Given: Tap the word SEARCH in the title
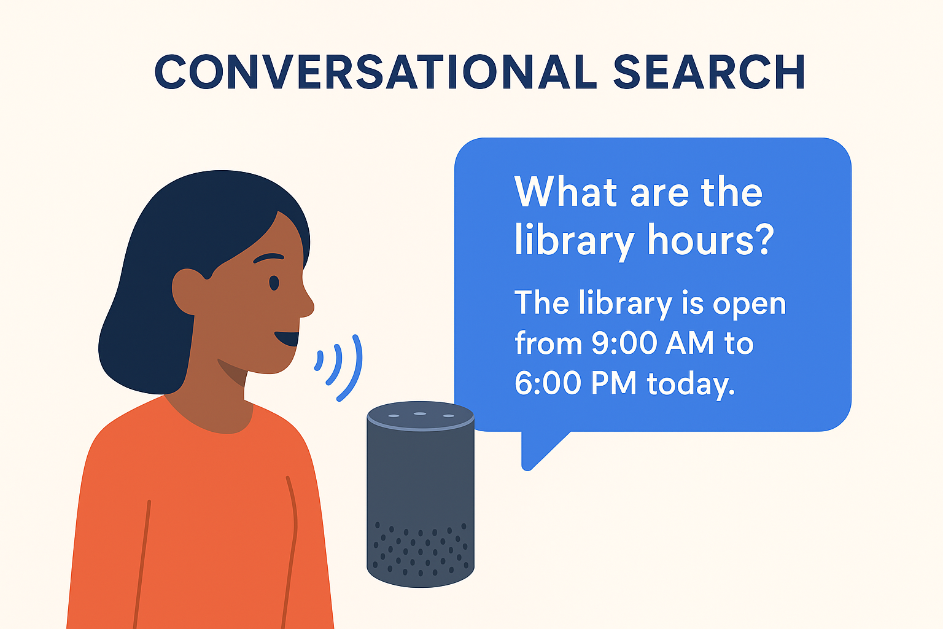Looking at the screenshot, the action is coord(709,72).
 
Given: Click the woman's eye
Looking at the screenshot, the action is coord(274,283).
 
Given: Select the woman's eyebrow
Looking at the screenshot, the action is coord(268,257).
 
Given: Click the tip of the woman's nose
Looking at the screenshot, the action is coord(313,306).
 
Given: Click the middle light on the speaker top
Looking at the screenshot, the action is coord(420,414).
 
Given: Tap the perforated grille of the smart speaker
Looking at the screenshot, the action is coord(421,549).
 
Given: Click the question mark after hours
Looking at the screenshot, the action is coord(763,239).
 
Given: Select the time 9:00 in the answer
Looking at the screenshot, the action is coord(624,343).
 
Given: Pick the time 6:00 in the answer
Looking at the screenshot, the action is coord(548,383).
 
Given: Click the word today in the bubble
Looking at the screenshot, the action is coord(691,385).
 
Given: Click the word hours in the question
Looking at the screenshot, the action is coord(699,239).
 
